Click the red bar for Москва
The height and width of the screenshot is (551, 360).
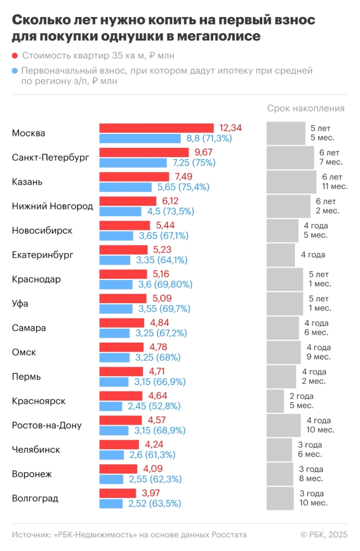pos(156,128)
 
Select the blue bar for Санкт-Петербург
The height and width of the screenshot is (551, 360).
pos(133,163)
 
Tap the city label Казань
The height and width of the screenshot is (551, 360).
pos(27,182)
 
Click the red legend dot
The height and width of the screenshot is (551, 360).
pos(15,56)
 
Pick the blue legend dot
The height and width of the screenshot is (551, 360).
pos(15,71)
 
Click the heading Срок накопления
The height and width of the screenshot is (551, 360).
pos(305,109)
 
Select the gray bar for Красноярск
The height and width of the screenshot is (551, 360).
pos(275,401)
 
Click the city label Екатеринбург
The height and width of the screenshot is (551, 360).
pos(43,255)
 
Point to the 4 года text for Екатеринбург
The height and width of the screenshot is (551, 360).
pos(313,255)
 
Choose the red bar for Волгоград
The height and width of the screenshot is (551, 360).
pos(118,494)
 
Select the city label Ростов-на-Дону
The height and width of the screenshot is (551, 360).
pos(47,425)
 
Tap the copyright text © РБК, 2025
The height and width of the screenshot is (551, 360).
pos(324,535)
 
